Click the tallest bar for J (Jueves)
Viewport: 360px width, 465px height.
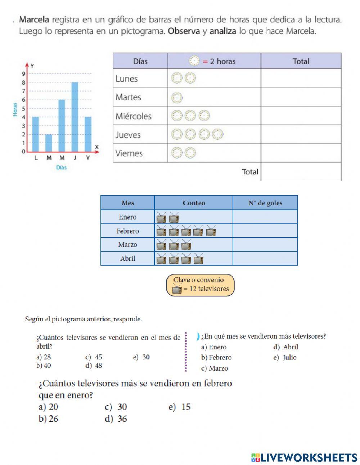[75, 117]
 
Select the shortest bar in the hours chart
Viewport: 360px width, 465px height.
[49, 143]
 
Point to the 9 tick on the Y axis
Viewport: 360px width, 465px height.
[23, 74]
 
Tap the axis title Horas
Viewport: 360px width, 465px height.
[15, 109]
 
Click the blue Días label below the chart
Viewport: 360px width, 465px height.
[61, 167]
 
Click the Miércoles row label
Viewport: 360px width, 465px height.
[134, 116]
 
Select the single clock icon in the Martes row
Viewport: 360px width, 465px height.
[177, 97]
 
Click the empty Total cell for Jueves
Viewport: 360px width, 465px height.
[301, 134]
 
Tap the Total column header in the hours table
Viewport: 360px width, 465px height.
[301, 61]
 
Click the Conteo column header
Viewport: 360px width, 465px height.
[194, 203]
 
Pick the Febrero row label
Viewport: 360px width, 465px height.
[127, 231]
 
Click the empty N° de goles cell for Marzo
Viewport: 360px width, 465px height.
[265, 245]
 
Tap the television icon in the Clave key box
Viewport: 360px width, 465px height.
[177, 289]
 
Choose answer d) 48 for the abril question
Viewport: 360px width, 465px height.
[94, 366]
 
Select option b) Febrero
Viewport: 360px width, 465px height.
[216, 358]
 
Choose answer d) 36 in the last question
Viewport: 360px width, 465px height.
[116, 419]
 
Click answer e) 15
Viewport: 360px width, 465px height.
[180, 407]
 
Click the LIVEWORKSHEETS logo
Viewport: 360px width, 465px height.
[304, 457]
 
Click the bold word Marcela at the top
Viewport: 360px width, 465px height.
[34, 19]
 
